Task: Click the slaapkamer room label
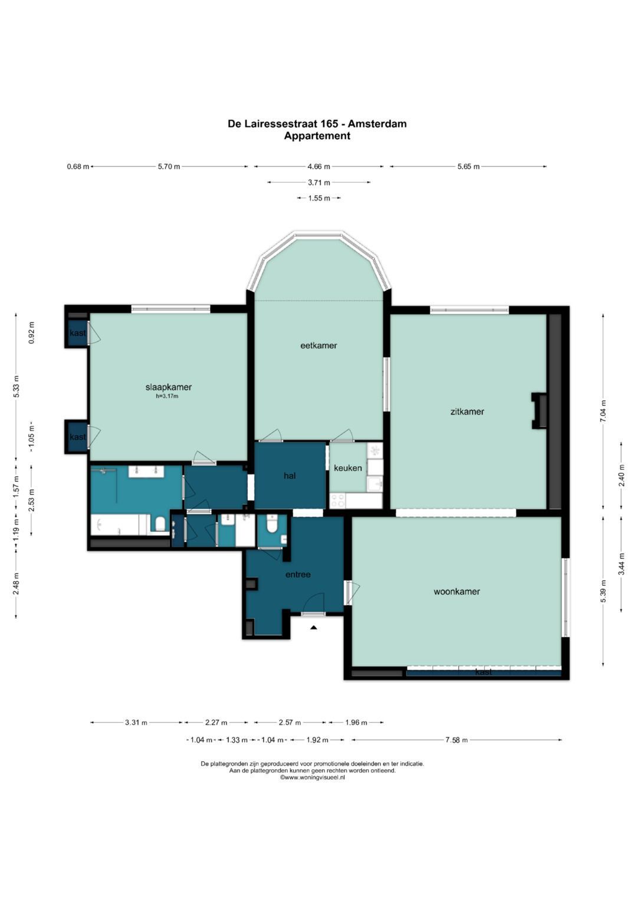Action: coord(169,387)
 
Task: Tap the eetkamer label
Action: coord(318,345)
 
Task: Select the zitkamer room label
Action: coord(467,411)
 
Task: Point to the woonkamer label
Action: coord(457,591)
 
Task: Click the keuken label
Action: coord(347,467)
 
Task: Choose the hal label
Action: coord(290,476)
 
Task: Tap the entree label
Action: coord(298,575)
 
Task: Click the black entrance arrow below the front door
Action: coord(314,627)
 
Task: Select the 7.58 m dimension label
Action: coord(456,740)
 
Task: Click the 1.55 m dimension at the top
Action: coord(319,198)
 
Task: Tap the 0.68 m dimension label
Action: coord(78,166)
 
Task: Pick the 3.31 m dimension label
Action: coord(136,723)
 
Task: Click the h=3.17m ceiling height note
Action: coord(168,396)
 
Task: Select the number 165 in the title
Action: coord(330,124)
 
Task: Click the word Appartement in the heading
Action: coord(317,136)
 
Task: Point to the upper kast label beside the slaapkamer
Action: coord(78,332)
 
